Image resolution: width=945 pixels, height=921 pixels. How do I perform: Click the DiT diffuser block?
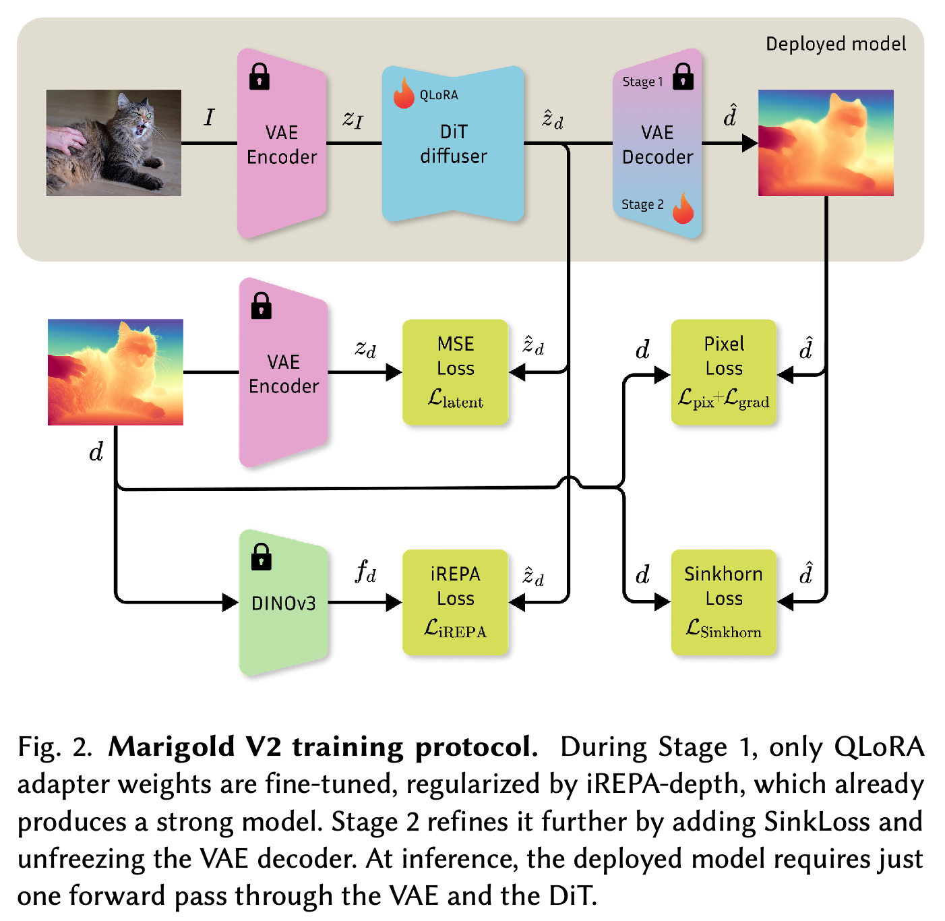[454, 144]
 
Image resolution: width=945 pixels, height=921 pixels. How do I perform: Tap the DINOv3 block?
[284, 603]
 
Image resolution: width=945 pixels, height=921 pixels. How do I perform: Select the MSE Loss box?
[456, 372]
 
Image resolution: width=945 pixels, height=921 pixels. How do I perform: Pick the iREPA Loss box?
[456, 602]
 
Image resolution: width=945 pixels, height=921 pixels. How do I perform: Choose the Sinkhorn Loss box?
[724, 602]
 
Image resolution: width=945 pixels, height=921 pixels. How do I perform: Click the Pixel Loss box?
[724, 372]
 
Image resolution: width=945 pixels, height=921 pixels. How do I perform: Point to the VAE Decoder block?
[657, 144]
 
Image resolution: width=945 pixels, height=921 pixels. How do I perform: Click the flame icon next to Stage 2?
[683, 208]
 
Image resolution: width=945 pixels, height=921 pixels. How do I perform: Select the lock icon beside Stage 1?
[683, 76]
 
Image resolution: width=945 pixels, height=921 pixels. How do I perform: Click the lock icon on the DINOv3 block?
[262, 557]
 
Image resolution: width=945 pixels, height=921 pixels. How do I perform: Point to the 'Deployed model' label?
[836, 44]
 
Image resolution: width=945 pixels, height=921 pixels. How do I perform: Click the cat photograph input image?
[114, 143]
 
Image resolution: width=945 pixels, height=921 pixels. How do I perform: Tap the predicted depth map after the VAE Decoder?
[826, 143]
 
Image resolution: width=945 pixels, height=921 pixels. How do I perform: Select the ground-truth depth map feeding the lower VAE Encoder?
[115, 372]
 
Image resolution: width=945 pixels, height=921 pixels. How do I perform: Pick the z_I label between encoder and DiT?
[353, 119]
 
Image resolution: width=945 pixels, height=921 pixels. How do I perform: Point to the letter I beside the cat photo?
[210, 117]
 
